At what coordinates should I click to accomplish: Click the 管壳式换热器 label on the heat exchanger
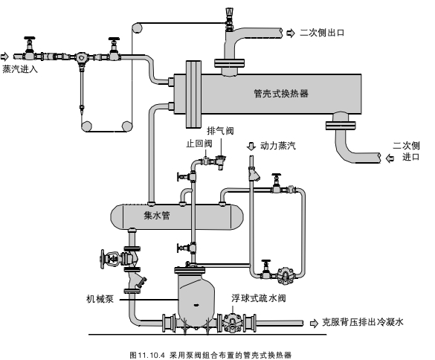[281, 94]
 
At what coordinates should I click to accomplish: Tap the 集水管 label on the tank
[157, 216]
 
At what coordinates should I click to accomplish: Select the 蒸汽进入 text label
[20, 69]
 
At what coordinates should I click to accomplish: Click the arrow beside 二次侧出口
[290, 33]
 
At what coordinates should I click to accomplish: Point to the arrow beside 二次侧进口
[390, 158]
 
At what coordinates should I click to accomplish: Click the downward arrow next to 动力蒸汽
[251, 146]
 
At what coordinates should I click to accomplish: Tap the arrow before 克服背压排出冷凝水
[314, 324]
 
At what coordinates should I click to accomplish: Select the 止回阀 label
[199, 144]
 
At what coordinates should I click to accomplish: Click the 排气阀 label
[220, 130]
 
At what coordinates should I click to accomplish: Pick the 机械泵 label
[100, 299]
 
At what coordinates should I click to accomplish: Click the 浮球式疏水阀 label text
[259, 298]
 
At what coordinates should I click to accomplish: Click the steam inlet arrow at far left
[4, 57]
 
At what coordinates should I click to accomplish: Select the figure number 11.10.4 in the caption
[151, 355]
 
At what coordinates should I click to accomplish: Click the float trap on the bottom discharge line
[233, 322]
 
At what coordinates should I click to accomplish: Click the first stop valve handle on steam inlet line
[30, 38]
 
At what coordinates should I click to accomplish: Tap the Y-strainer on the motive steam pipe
[254, 175]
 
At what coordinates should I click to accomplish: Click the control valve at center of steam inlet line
[81, 57]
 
